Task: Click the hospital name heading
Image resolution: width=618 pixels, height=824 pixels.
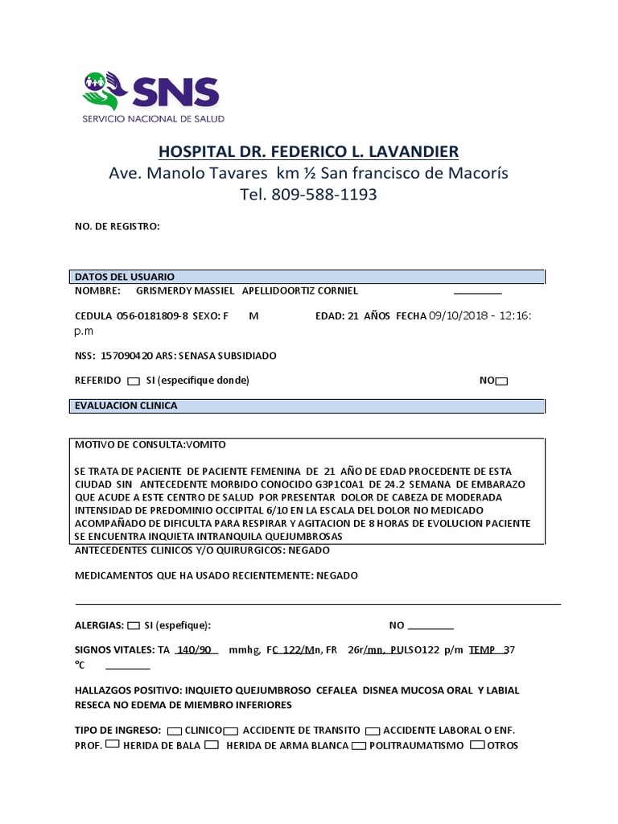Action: (x=309, y=151)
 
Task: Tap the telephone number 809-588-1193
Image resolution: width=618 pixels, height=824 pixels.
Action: (x=324, y=194)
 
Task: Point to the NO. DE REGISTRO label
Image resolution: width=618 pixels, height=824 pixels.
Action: (x=117, y=226)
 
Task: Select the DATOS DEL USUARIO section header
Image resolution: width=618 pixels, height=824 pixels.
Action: (x=125, y=276)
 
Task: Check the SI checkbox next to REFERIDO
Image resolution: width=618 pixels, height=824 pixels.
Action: (x=134, y=381)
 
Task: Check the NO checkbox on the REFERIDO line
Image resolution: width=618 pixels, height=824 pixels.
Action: (x=502, y=381)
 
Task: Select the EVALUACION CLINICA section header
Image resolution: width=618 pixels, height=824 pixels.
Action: (x=126, y=406)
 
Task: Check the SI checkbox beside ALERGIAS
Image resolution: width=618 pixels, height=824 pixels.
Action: (x=134, y=625)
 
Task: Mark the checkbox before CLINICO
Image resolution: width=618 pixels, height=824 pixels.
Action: (x=174, y=731)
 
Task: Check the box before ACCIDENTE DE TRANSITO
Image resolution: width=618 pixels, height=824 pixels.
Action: (x=231, y=731)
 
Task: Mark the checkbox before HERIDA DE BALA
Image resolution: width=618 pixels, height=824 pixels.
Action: (x=113, y=745)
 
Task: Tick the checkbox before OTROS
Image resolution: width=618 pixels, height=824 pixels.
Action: (x=477, y=745)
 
